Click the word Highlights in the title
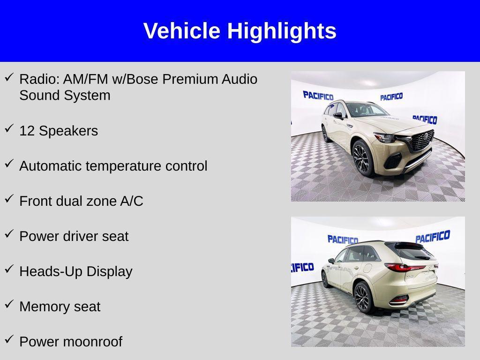coord(282,31)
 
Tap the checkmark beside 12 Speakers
coord(9,129)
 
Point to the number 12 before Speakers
coord(27,131)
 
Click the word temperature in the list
coord(124,166)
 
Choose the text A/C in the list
coord(132,201)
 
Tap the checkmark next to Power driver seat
coord(9,234)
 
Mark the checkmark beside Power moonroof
coord(9,340)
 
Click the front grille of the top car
coord(422,140)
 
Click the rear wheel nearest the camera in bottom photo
coord(363,298)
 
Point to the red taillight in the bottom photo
coord(405,268)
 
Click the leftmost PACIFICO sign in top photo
coord(318,96)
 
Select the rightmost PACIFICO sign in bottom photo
coord(432,237)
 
